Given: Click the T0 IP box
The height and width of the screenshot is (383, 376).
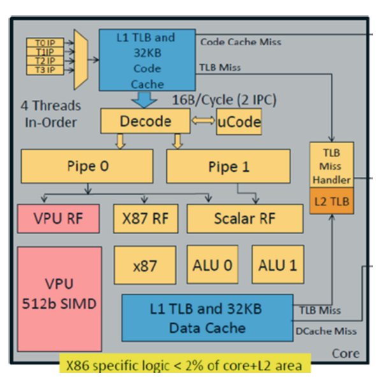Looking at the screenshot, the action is pyautogui.click(x=45, y=43).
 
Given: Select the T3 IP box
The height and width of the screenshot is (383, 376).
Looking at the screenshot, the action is pyautogui.click(x=45, y=70).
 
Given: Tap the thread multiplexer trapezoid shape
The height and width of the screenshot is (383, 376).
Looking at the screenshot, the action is pyautogui.click(x=81, y=60).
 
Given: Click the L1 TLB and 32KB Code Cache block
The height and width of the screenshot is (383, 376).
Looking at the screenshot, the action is pyautogui.click(x=147, y=60).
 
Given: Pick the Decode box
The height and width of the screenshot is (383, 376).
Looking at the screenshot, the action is pyautogui.click(x=145, y=121).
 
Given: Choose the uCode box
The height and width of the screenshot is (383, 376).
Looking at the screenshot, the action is pyautogui.click(x=239, y=122).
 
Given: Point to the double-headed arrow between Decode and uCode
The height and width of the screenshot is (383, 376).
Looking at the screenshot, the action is pyautogui.click(x=203, y=121).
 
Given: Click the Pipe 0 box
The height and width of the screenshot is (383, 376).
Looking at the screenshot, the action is pyautogui.click(x=87, y=166).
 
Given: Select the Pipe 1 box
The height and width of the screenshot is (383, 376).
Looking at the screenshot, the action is pyautogui.click(x=229, y=167).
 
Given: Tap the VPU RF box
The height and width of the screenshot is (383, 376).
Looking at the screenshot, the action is pyautogui.click(x=59, y=219).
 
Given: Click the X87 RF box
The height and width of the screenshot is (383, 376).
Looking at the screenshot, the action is pyautogui.click(x=146, y=219).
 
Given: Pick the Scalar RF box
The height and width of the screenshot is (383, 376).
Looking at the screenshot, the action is pyautogui.click(x=245, y=219).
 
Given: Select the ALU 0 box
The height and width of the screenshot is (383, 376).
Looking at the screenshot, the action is pyautogui.click(x=213, y=265).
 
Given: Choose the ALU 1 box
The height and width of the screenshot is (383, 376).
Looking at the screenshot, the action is pyautogui.click(x=278, y=265).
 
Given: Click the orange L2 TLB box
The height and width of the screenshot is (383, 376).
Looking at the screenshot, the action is pyautogui.click(x=332, y=201).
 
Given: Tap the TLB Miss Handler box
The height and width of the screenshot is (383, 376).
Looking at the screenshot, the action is pyautogui.click(x=332, y=165).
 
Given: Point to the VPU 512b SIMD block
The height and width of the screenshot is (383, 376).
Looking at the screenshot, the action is pyautogui.click(x=59, y=299).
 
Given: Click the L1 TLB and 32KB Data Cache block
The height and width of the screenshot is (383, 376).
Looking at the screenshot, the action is pyautogui.click(x=208, y=318).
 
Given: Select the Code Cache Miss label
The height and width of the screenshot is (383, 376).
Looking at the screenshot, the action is pyautogui.click(x=241, y=42).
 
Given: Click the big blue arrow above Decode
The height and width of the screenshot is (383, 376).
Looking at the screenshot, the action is pyautogui.click(x=144, y=100).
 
